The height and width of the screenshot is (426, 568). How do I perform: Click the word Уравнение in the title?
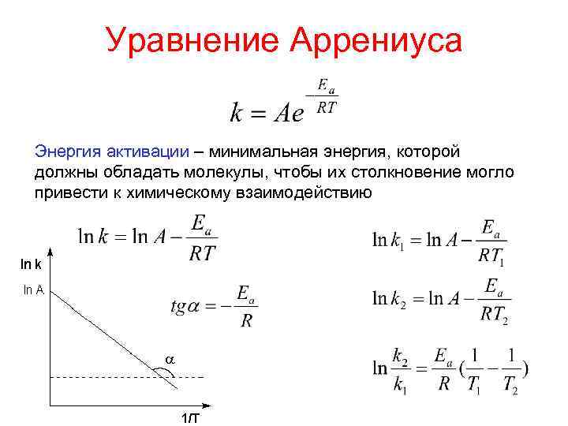point(192,40)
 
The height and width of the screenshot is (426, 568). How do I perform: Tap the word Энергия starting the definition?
point(65,150)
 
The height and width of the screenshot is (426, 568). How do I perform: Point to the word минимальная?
point(260,150)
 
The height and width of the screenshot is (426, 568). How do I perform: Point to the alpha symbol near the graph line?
point(169,359)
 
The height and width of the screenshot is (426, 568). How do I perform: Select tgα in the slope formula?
point(189,307)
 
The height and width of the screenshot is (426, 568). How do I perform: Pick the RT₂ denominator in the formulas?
point(494,314)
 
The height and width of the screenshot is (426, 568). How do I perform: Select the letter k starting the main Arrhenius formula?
point(237,113)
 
